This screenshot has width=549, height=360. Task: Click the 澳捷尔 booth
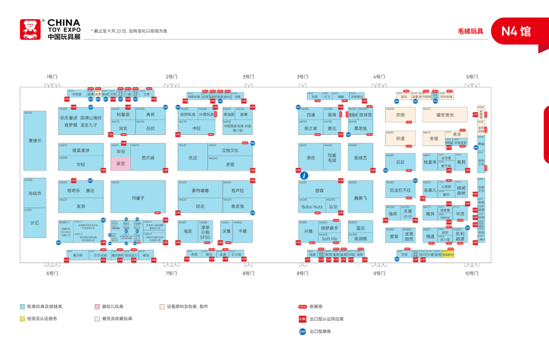tap(35, 140)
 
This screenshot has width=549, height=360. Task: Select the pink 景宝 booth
tap(121, 164)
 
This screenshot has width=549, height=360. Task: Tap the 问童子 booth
tap(138, 197)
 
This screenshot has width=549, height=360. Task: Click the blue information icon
tap(304, 175)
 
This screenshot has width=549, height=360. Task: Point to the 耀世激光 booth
tap(445, 115)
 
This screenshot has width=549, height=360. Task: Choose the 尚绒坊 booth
tap(35, 193)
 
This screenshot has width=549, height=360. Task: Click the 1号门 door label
tap(52, 77)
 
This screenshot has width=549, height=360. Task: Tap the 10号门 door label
tap(472, 273)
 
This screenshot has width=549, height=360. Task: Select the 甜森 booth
tap(320, 189)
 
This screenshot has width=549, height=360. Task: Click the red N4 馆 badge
tap(516, 31)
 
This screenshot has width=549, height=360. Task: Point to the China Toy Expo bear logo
tap(30, 30)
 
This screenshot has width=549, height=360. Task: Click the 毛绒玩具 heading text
tap(470, 31)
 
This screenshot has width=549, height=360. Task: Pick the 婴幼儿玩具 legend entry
tap(112, 306)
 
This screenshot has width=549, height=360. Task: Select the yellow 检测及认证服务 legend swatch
tap(22, 319)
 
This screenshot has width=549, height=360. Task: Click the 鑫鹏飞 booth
tap(361, 197)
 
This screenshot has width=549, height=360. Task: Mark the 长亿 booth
tap(35, 223)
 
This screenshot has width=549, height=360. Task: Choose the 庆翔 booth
tap(400, 115)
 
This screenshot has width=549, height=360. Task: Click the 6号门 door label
tap(52, 273)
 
